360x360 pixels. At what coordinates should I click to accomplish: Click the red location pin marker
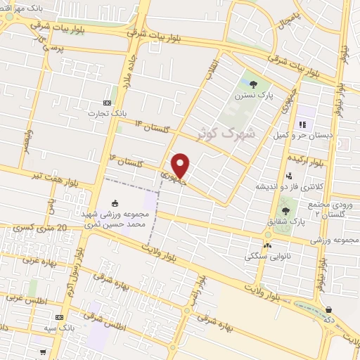[181, 165]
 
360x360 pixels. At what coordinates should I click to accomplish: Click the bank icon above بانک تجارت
[107, 101]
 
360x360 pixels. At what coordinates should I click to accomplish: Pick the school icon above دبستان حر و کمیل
[302, 124]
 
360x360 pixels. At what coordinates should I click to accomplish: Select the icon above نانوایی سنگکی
[266, 245]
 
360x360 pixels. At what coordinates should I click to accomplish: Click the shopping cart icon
[330, 309]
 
